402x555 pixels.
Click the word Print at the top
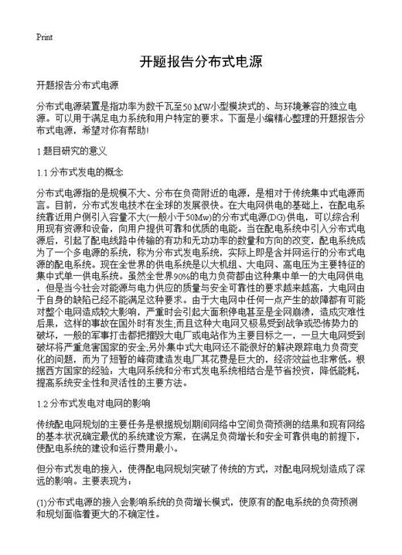(44, 37)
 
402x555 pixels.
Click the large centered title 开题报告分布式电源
(201, 62)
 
